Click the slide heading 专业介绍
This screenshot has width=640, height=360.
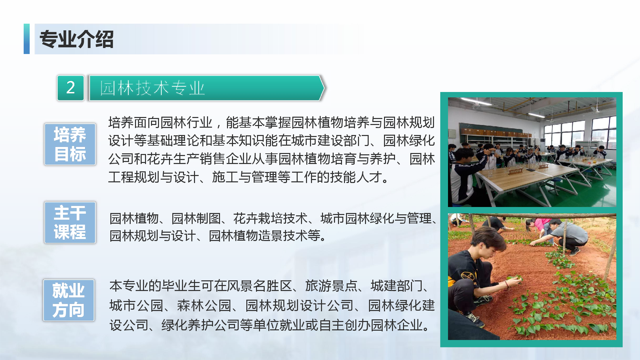[77, 39]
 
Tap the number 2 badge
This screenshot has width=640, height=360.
[71, 88]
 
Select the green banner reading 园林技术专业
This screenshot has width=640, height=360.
[206, 88]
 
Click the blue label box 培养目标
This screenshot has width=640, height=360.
[70, 144]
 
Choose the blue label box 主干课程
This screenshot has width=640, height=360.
[70, 222]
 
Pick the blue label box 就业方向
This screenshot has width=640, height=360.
[69, 300]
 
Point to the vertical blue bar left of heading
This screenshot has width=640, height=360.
[27, 39]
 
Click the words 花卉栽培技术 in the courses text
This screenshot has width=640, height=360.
[270, 219]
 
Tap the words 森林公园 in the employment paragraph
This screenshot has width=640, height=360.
[204, 306]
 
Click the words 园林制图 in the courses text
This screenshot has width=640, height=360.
[196, 219]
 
